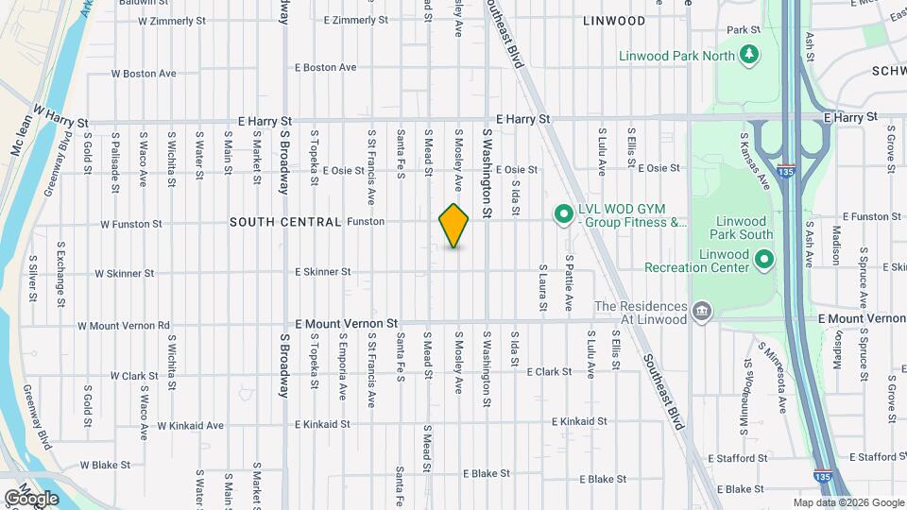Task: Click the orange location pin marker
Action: [x=454, y=225]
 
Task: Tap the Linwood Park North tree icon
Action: [x=749, y=54]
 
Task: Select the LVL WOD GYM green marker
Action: [x=564, y=214]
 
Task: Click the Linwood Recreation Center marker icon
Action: [x=764, y=258]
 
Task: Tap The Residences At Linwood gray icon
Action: [x=701, y=313]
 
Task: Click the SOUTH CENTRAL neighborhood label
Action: [x=284, y=222]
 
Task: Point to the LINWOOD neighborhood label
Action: [x=614, y=20]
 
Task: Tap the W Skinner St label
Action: [x=124, y=274]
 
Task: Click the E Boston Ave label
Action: [x=325, y=68]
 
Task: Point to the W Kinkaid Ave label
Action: [x=191, y=425]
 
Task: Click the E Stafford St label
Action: [x=880, y=457]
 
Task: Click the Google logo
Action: [x=31, y=498]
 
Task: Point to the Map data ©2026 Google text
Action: [x=847, y=502]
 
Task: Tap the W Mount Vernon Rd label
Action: [x=123, y=326]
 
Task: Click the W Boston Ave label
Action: [x=144, y=74]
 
